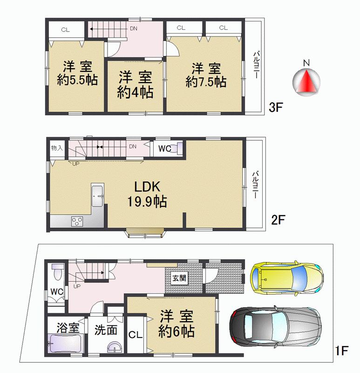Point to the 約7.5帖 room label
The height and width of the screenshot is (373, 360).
click(x=206, y=75)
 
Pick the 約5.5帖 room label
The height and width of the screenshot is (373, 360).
click(x=77, y=73)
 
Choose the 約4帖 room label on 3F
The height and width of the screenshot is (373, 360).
click(x=135, y=85)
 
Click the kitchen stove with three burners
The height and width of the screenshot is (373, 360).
click(x=77, y=221)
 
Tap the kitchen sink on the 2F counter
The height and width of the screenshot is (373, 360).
click(x=98, y=195)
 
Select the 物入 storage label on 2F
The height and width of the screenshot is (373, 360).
click(x=57, y=148)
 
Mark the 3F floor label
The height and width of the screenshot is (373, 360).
click(x=276, y=108)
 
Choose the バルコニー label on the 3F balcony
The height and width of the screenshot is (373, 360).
click(x=256, y=65)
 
